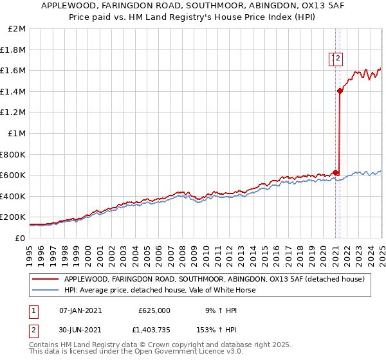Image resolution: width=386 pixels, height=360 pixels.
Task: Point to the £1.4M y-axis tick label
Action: click(14, 91)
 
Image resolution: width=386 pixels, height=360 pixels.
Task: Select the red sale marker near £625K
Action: click(335, 172)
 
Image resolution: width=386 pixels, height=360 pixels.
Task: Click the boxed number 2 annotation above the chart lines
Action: click(339, 59)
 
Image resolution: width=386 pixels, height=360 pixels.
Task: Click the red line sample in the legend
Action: click(46, 279)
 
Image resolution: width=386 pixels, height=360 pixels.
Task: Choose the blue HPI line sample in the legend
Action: click(46, 290)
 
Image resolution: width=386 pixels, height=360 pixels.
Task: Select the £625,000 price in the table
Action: click(154, 310)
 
